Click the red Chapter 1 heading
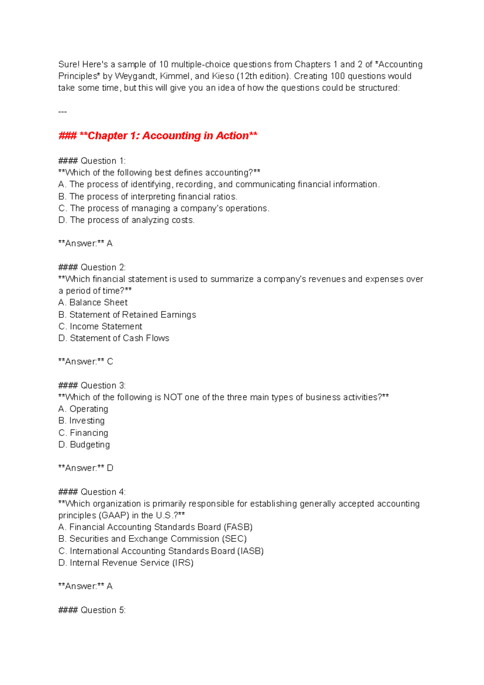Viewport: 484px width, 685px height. pyautogui.click(x=158, y=136)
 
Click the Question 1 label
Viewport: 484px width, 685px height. pyautogui.click(x=92, y=161)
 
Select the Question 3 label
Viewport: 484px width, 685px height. pyautogui.click(x=92, y=385)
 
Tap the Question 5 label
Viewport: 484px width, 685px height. pyautogui.click(x=92, y=610)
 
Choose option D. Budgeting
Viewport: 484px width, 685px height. pyautogui.click(x=84, y=444)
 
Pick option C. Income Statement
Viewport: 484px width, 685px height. pyautogui.click(x=100, y=326)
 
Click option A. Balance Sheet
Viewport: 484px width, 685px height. pyautogui.click(x=93, y=302)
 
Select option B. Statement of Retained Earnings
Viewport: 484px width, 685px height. pyautogui.click(x=127, y=314)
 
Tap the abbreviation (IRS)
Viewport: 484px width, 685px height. pyautogui.click(x=183, y=563)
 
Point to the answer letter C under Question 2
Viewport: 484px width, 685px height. pyautogui.click(x=110, y=362)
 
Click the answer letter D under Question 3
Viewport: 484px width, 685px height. pyautogui.click(x=110, y=468)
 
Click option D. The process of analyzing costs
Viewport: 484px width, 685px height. pyautogui.click(x=127, y=220)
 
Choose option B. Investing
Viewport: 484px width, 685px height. pyautogui.click(x=81, y=421)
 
